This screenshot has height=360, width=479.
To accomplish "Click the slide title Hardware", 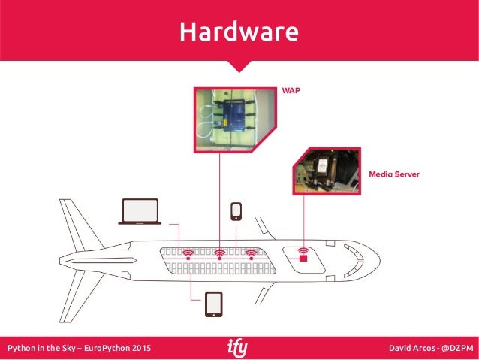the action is tap(239, 32).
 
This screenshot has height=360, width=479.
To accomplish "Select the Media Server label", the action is tap(393, 174).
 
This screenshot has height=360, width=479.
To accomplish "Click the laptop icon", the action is tap(140, 211).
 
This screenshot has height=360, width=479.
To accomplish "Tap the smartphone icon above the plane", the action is tap(236, 211).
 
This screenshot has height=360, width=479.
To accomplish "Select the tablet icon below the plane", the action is tap(214, 304).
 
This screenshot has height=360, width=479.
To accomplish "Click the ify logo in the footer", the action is tap(238, 348).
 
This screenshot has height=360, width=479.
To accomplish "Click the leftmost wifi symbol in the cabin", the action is tap(188, 254).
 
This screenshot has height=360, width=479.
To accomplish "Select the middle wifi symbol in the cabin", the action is tap(220, 254).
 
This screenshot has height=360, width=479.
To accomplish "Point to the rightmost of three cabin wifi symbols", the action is tap(252, 254).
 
